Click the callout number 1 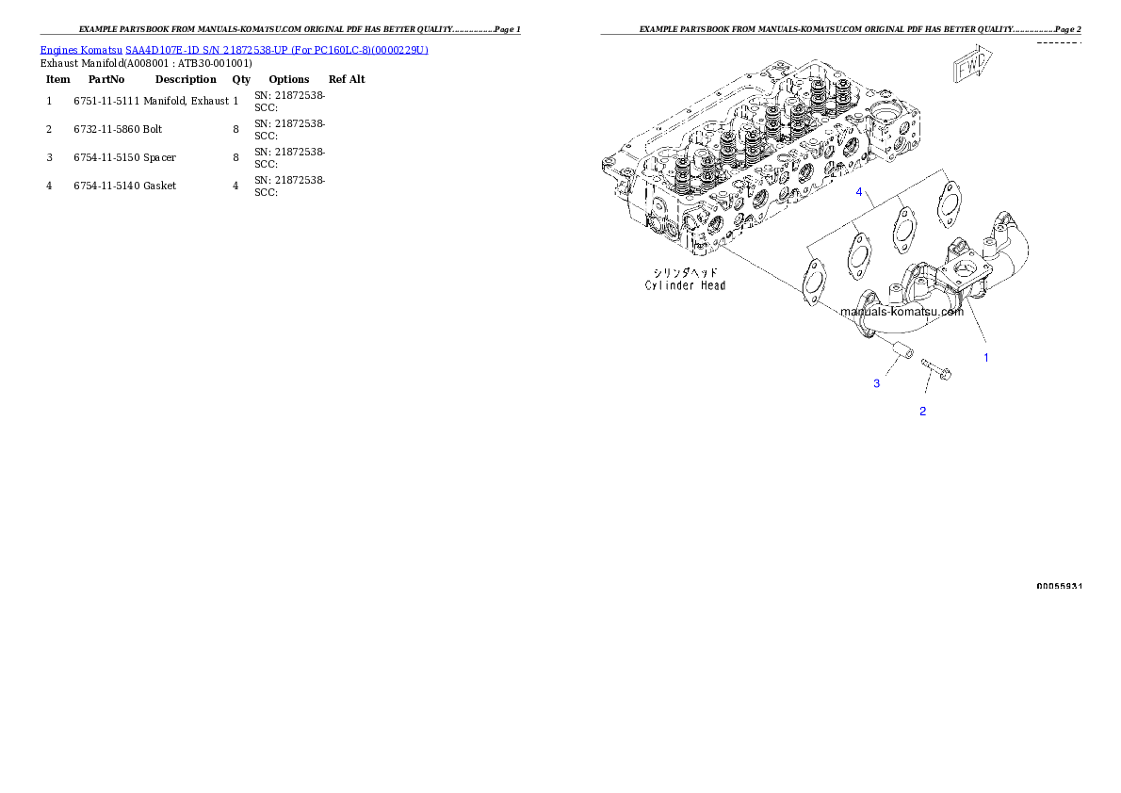[986, 358]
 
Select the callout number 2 [923, 411]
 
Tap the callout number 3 [876, 383]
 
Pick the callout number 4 [859, 192]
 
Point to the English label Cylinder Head [685, 285]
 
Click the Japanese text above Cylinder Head [685, 271]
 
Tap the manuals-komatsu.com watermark [902, 312]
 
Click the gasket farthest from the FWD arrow [810, 281]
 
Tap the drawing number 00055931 [1059, 586]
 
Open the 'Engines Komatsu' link [82, 50]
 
